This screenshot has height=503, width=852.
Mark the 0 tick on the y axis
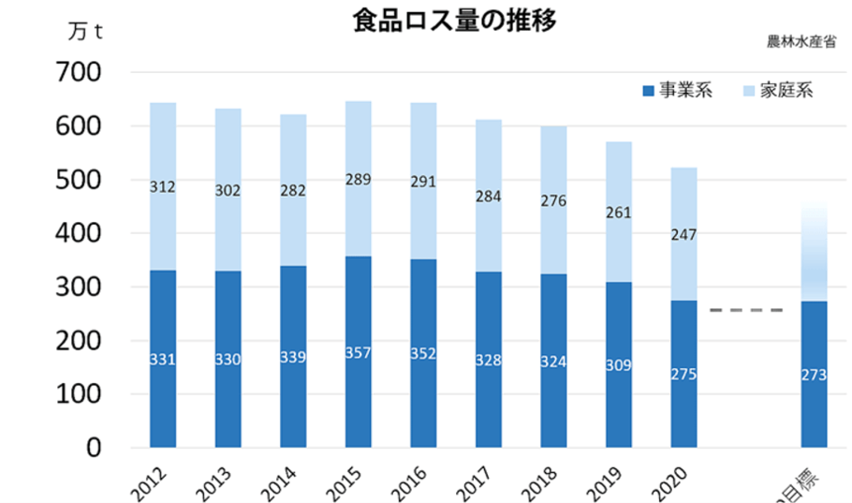pyautogui.click(x=95, y=448)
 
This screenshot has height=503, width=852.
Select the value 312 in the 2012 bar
pyautogui.click(x=163, y=187)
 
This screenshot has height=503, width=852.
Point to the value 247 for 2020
pyautogui.click(x=683, y=234)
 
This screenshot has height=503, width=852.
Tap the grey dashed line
pyautogui.click(x=746, y=310)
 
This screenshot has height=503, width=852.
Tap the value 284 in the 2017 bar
pyautogui.click(x=489, y=197)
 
